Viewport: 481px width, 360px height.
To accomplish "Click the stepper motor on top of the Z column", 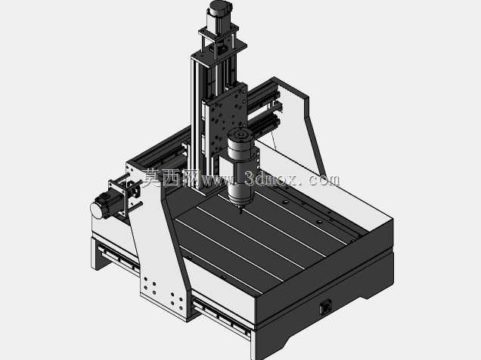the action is click(x=220, y=14).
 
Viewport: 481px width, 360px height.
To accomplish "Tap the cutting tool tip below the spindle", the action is click(x=240, y=210).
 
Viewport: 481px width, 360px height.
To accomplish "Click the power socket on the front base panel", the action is click(x=325, y=307).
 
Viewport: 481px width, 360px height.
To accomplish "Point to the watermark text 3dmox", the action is click(x=272, y=179).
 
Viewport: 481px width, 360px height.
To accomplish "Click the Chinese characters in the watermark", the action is click(x=171, y=178).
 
